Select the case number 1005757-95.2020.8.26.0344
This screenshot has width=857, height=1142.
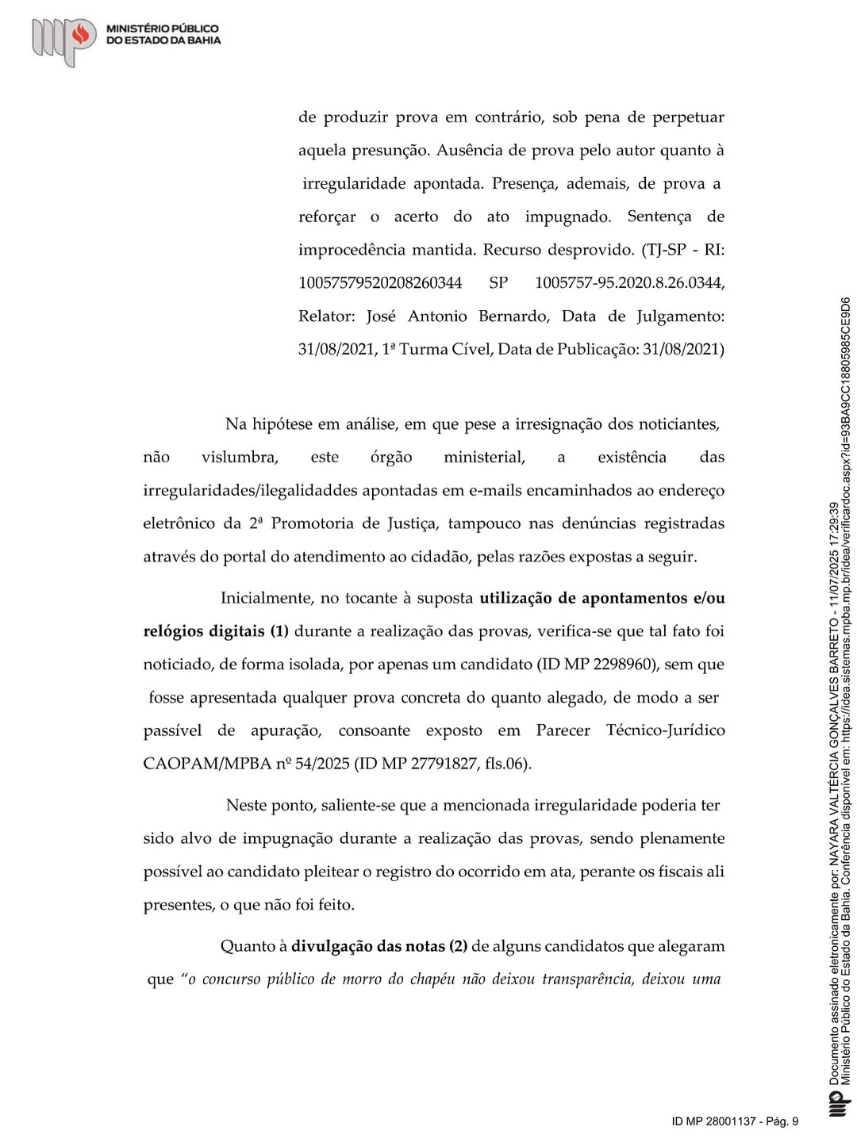tap(629, 283)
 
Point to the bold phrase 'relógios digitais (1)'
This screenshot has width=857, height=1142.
tap(216, 631)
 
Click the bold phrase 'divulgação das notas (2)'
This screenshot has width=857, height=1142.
tap(379, 945)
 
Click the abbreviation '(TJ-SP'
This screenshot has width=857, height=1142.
tap(663, 250)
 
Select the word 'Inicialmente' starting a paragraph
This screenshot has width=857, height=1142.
tap(268, 598)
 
